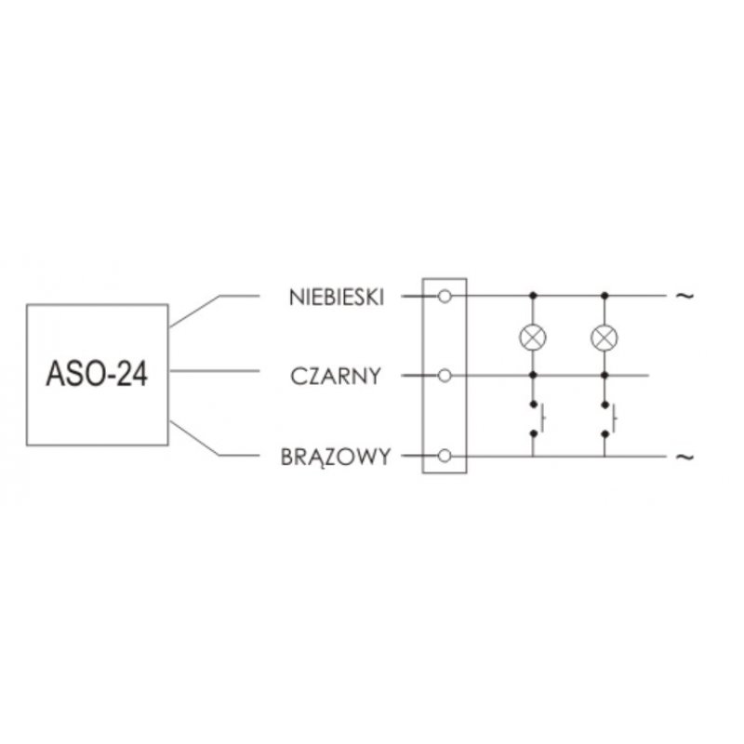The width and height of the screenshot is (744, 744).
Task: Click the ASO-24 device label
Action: pos(97,375)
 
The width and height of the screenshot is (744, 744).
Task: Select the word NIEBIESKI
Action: pos(337,298)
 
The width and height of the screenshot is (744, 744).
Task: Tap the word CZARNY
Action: pos(336,377)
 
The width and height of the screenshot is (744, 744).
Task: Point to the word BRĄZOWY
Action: pos(336,457)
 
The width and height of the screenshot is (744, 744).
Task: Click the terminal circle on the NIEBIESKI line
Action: pos(445,297)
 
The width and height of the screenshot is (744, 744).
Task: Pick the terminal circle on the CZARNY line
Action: pos(445,376)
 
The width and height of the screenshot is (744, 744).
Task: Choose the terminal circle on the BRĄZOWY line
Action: pos(445,456)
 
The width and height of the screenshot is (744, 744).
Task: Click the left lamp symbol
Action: pos(533,338)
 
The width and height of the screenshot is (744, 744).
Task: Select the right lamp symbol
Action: pos(604,338)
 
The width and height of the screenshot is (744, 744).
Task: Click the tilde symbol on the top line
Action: pos(684,296)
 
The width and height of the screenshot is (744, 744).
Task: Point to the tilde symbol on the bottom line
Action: pos(684,457)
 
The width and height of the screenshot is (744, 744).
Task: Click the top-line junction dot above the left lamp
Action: pos(533,296)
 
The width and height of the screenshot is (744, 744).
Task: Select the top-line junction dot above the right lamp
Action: pos(604,296)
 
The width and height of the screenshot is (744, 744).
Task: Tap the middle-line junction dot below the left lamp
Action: pos(533,376)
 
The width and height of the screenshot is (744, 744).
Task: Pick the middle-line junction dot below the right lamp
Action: pos(604,376)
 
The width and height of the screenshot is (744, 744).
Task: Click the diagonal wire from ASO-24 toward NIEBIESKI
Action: pos(194,312)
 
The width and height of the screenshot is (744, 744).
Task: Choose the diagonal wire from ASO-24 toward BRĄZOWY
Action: pos(194,438)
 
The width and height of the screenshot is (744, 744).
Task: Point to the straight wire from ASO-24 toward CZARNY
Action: pos(214,371)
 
